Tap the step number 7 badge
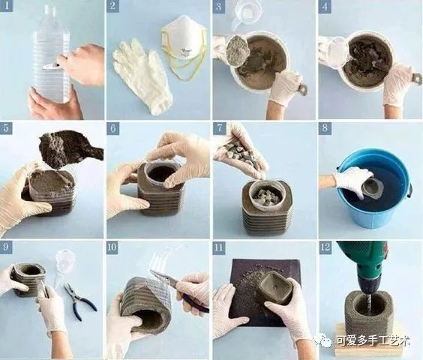pos(220,128)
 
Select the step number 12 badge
pos(325,247)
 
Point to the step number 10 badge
pos(112,247)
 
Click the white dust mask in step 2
pos(184,37)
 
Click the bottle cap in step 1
pos(50,8)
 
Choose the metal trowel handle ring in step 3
pos(302,90)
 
